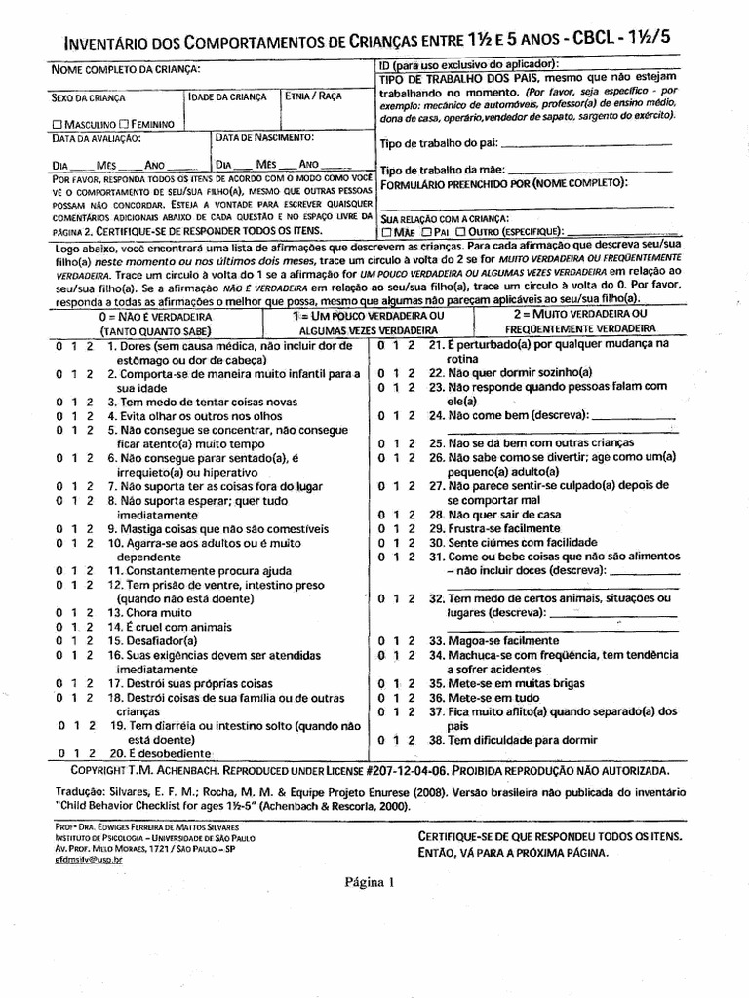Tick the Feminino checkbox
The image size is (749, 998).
124,125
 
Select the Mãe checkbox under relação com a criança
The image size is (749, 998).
388,232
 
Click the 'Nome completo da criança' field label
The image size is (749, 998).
127,68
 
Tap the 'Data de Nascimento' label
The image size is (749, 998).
264,138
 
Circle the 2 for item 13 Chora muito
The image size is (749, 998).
89,613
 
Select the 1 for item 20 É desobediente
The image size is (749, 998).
76,754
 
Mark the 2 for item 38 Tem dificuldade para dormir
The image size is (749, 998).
412,740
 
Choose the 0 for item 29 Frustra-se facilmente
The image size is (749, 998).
382,527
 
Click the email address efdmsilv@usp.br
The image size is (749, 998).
90,859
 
